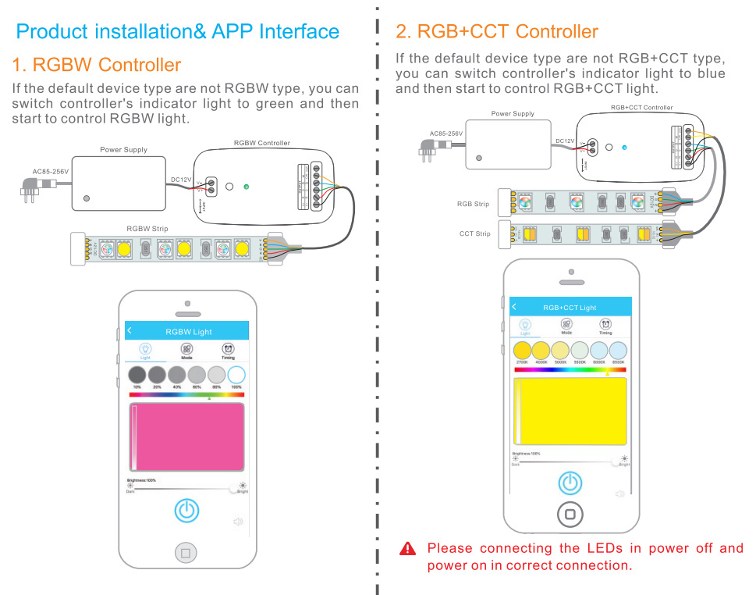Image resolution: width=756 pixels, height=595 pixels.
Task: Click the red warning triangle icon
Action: pos(407,549)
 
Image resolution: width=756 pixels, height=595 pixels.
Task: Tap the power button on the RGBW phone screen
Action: pos(186,511)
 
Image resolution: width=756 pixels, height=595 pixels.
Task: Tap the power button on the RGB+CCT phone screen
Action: pos(570,483)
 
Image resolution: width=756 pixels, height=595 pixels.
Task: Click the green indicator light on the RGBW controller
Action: pos(247,187)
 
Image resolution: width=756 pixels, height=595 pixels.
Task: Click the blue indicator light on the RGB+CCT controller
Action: pos(625,147)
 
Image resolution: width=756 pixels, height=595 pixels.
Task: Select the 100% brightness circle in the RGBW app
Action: pos(236,376)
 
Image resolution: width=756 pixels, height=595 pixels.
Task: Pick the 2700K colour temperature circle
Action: pos(522,350)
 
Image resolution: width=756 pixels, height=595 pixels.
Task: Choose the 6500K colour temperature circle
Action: pos(618,350)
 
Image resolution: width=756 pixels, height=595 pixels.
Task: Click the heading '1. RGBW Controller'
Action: pos(97,65)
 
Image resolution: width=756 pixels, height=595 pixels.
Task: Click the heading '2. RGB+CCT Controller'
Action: pos(497,32)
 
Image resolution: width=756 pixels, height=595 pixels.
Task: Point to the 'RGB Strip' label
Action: pos(473,205)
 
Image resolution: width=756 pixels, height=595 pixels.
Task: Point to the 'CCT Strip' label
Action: pos(474,233)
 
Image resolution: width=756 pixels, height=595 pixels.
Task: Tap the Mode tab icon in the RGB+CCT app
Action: pos(566,324)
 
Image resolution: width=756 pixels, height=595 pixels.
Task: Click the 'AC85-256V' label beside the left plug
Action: pos(50,172)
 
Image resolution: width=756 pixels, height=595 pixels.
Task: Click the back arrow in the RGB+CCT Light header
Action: pos(514,307)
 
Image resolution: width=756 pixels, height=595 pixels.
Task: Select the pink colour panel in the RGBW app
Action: pos(186,437)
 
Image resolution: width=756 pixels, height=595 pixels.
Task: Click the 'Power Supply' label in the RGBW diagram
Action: pos(123,150)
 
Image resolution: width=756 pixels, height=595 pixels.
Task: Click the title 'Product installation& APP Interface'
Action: pos(178,32)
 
